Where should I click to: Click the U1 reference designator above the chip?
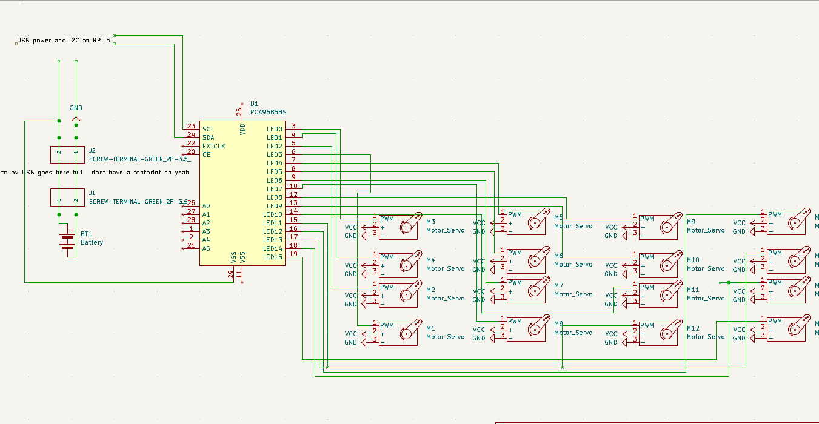click(x=254, y=104)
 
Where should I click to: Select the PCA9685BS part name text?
click(x=268, y=113)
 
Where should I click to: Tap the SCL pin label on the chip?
click(x=208, y=129)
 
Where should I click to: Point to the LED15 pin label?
click(x=273, y=257)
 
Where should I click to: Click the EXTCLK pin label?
click(x=213, y=146)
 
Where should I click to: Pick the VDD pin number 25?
click(x=239, y=111)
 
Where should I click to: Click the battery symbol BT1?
click(x=67, y=240)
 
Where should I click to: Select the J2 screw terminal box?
click(x=67, y=154)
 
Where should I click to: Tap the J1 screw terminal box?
click(x=67, y=197)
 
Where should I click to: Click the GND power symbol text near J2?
click(x=76, y=108)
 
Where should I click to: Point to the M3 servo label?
click(x=430, y=222)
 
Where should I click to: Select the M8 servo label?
click(x=558, y=324)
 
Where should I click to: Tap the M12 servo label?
click(x=692, y=328)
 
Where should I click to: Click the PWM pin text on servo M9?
click(x=647, y=219)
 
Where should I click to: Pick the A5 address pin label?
click(x=206, y=248)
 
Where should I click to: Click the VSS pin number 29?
click(x=230, y=274)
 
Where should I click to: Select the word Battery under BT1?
click(x=92, y=242)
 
